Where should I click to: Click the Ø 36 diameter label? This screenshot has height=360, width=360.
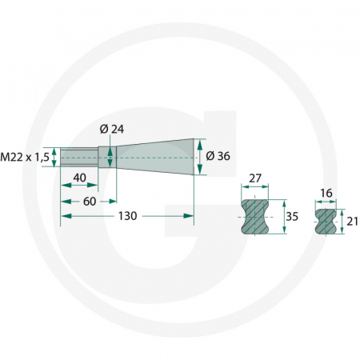(218, 155)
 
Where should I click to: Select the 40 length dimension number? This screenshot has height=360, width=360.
(79, 177)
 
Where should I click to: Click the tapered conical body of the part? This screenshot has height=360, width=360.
(156, 155)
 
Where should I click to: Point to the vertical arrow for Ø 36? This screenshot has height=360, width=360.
(199, 155)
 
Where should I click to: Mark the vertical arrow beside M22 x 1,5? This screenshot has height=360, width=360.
(54, 155)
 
